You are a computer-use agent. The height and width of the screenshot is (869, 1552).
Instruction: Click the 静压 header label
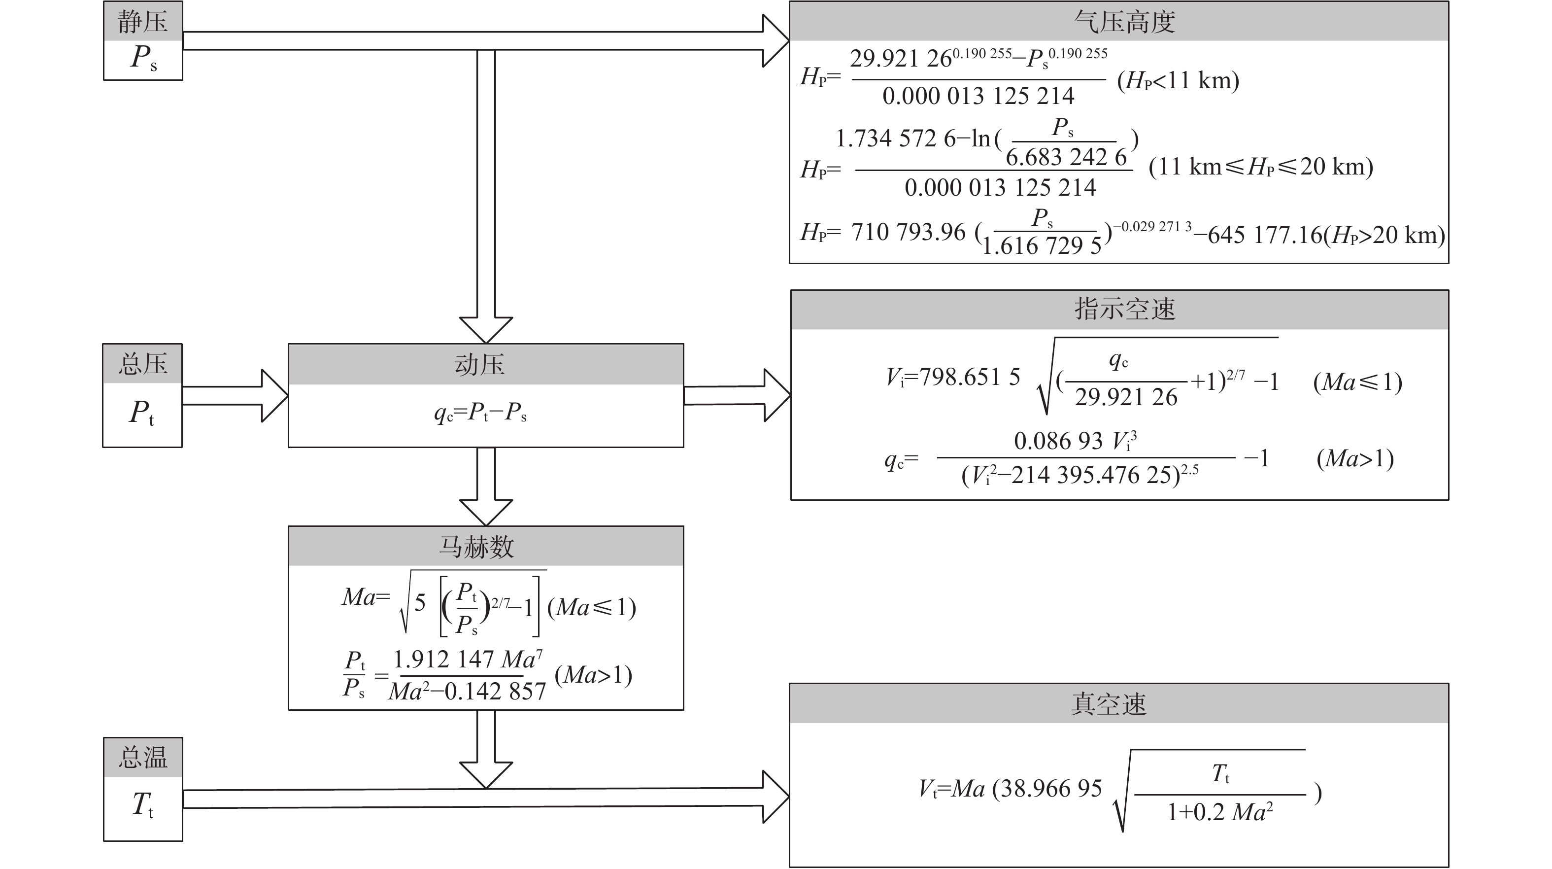[142, 22]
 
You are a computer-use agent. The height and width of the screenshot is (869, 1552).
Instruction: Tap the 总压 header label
[142, 364]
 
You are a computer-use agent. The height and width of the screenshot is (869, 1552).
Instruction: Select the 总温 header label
[142, 758]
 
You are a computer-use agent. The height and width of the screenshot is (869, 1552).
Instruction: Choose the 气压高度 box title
[1124, 22]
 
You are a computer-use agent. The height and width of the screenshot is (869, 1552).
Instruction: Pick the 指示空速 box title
[1124, 309]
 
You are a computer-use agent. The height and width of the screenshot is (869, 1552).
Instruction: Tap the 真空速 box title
[1109, 704]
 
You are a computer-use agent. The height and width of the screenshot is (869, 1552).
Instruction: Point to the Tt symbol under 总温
[143, 805]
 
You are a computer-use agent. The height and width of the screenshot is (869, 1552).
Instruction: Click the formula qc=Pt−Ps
[480, 412]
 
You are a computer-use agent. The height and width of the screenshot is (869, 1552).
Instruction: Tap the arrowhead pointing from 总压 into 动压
[274, 395]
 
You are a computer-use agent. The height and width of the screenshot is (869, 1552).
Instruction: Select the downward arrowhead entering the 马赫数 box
[486, 512]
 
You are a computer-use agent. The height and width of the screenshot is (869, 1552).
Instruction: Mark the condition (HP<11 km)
[1178, 81]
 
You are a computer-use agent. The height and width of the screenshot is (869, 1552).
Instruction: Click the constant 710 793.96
[908, 233]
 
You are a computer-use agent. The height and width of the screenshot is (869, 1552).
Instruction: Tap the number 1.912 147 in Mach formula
[444, 660]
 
